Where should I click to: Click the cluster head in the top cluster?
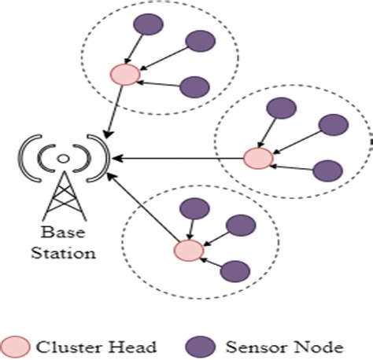pos(126,75)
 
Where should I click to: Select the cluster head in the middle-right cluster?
pos(257,159)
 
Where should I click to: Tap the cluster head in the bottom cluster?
pos(188,251)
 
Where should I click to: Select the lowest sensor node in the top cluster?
pos(194,87)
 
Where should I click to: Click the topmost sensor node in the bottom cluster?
pos(194,208)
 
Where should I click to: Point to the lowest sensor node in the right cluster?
pos(327,170)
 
